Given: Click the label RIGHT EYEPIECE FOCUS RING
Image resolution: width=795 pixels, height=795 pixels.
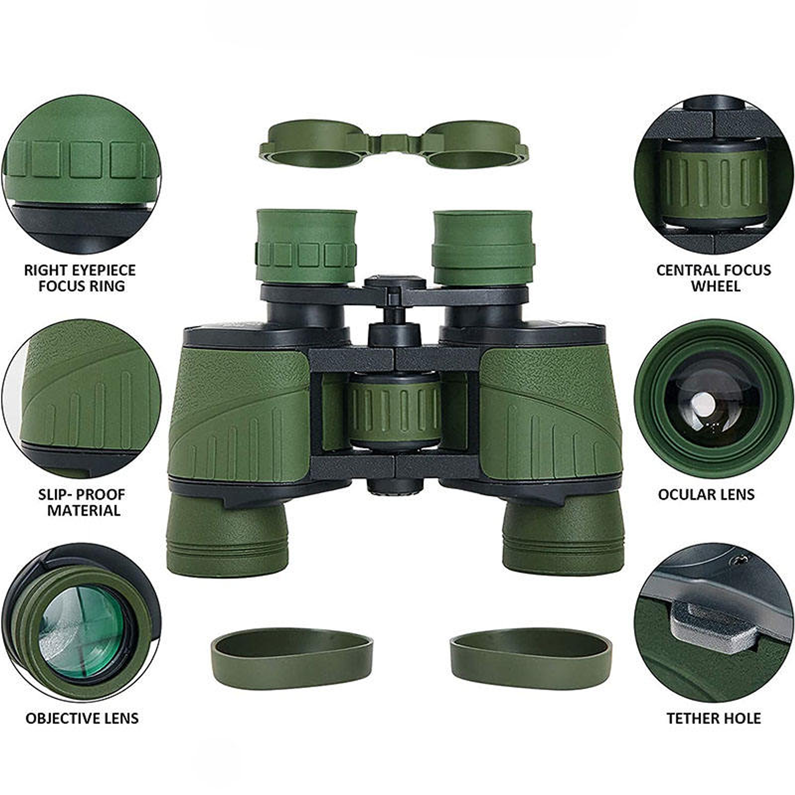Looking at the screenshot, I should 80,278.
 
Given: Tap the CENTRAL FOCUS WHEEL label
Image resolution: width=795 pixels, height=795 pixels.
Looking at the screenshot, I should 714,278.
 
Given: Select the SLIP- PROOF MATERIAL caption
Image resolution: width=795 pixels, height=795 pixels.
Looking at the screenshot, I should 82,503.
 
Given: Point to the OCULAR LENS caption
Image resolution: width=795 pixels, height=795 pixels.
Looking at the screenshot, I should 706,495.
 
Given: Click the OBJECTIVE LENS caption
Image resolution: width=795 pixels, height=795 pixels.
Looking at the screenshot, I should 82,718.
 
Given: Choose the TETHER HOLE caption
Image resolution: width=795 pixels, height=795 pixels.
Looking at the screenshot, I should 714,718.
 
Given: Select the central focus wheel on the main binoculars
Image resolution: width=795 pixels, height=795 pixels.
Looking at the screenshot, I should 395,412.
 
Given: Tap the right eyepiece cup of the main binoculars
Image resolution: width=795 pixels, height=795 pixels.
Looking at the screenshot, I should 483,247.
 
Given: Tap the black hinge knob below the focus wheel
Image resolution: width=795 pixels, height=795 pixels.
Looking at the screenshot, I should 395,485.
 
